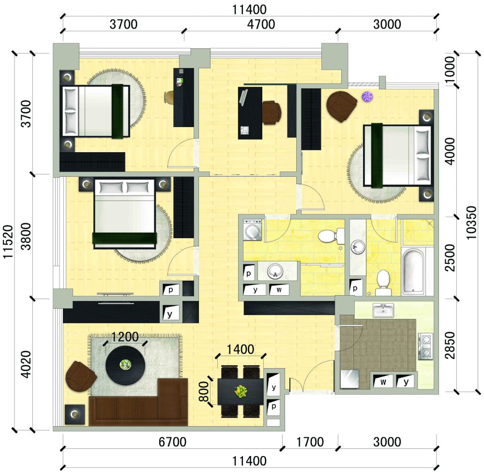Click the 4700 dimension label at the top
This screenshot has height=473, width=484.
click(261, 24)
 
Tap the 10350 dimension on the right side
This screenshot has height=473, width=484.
click(471, 223)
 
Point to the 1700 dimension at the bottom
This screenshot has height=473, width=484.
click(310, 442)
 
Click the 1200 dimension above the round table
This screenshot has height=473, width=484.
click(124, 337)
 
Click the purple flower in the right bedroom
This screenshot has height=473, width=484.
click(367, 96)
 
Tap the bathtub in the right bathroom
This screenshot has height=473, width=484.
click(414, 271)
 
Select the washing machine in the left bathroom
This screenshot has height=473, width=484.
click(253, 230)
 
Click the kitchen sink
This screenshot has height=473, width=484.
click(383, 310)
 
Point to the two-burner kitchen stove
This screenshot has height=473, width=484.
click(425, 346)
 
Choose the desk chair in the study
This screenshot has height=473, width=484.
click(272, 113)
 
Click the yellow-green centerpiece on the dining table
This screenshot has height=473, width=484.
click(241, 391)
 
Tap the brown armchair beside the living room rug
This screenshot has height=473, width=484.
click(80, 376)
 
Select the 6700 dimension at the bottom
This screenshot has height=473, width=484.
click(172, 442)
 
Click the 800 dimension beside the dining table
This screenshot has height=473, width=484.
click(203, 391)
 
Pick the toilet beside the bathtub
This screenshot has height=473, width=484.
click(383, 283)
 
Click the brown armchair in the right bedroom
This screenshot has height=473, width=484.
click(341, 106)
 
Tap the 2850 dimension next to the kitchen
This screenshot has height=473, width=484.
click(450, 345)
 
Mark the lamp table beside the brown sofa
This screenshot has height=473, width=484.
click(75, 415)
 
